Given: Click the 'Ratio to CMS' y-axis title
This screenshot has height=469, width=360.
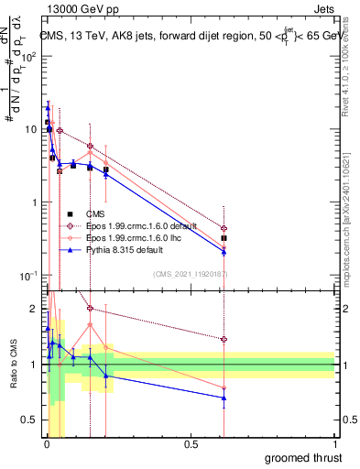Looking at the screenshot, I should [x=12, y=365].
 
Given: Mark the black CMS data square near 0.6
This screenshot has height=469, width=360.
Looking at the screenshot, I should [x=224, y=238].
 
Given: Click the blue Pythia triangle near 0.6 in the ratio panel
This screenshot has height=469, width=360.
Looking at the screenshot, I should [x=224, y=398].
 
